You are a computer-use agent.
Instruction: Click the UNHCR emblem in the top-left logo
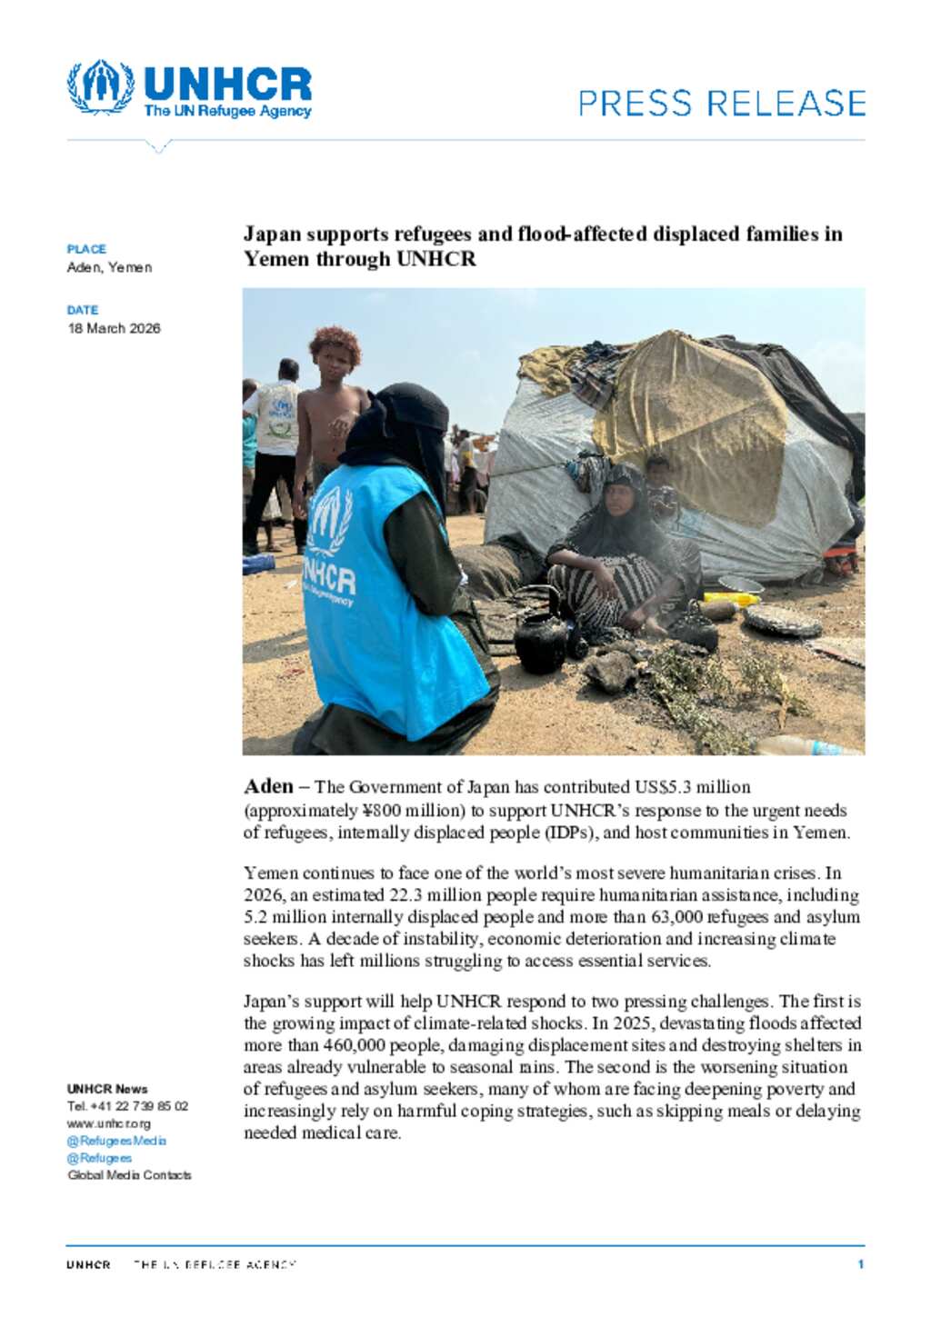pos(100,87)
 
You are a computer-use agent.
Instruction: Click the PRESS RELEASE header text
pos(721,104)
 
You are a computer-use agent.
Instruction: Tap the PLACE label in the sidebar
pos(86,249)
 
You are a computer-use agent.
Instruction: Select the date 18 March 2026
pos(114,328)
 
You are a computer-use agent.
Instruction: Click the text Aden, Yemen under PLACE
pos(109,267)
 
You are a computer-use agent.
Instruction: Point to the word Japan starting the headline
pos(272,234)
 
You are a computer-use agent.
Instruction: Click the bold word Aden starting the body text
pos(268,787)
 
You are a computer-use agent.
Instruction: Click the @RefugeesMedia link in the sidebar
pos(116,1141)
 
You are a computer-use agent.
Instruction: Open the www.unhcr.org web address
pos(109,1123)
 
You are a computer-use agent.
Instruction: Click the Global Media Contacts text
pos(129,1175)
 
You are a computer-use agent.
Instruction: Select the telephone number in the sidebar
pos(127,1106)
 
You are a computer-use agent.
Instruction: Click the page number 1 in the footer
pos(860,1264)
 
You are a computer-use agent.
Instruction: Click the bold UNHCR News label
pos(107,1089)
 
